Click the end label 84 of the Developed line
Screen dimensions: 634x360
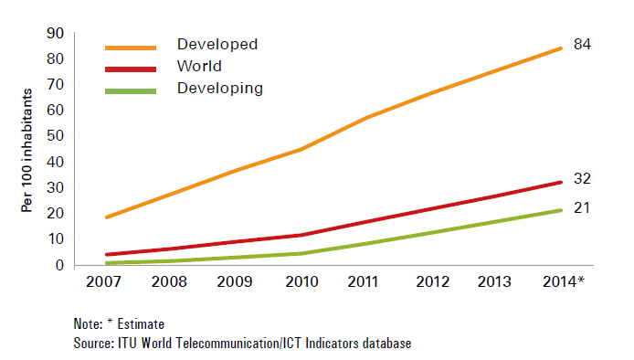coord(582,44)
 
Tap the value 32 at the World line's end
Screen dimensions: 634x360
coord(582,178)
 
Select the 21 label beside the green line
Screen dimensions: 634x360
coord(582,207)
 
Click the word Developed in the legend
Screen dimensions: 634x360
coord(217,44)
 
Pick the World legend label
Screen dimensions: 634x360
coord(199,66)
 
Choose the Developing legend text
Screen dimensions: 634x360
coord(220,89)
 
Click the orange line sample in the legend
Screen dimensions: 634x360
coord(131,48)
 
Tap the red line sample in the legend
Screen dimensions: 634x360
coord(131,69)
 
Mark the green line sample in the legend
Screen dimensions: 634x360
coord(131,91)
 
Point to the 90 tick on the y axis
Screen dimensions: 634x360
coord(56,33)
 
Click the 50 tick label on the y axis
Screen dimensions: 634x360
coord(56,135)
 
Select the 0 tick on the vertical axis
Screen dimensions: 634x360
coord(60,265)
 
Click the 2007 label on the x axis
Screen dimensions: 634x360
coord(103,281)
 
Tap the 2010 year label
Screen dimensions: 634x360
coord(302,281)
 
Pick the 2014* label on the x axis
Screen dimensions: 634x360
coord(564,281)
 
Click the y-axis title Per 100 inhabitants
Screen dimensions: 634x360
coord(26,150)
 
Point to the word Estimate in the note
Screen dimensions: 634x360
coord(141,324)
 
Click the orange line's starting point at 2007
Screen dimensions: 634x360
coord(107,217)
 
